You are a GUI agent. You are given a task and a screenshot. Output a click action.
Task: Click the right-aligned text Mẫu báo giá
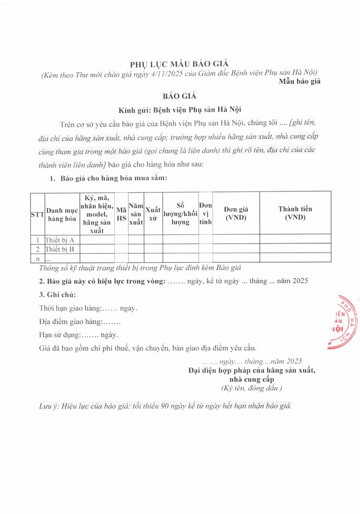[299, 82]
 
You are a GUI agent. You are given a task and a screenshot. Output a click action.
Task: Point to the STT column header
[37, 214]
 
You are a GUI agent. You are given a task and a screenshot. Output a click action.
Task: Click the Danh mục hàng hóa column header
[62, 214]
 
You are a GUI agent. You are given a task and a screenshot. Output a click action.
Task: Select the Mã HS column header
[121, 214]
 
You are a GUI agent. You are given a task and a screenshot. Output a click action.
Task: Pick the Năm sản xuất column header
[136, 214]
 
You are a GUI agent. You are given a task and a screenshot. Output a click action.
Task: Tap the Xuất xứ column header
[152, 214]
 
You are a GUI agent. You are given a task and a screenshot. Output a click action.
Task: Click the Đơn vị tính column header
[205, 214]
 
